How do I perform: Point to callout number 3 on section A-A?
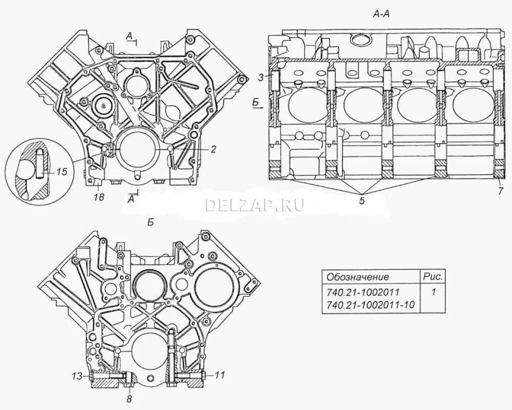260,77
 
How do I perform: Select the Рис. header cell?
432,276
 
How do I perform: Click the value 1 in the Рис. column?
433,292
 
